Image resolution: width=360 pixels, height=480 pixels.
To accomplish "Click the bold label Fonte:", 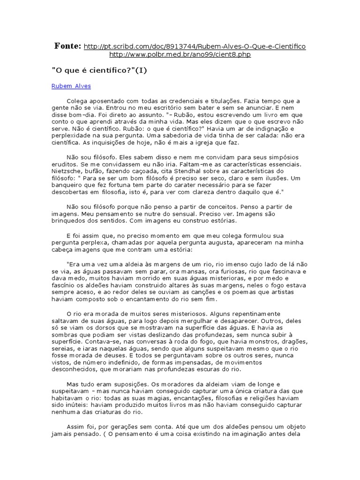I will pos(68,46).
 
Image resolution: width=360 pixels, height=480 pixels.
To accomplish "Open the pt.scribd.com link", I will pos(195,46).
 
